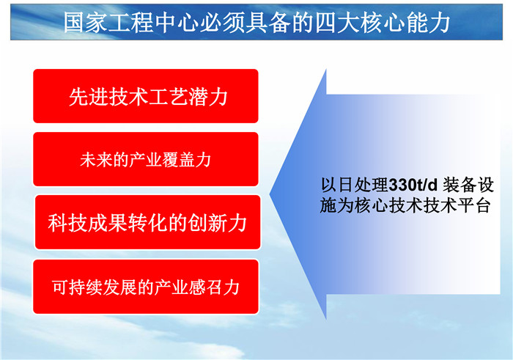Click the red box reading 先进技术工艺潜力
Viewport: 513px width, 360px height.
pyautogui.click(x=146, y=96)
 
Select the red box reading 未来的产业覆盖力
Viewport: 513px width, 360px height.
pyautogui.click(x=146, y=159)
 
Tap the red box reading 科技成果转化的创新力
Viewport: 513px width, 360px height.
pyautogui.click(x=147, y=222)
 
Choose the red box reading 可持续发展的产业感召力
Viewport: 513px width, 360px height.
pyautogui.click(x=146, y=287)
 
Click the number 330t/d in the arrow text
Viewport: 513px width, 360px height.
pyautogui.click(x=413, y=185)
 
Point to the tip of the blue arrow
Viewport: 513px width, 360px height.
pyautogui.click(x=270, y=194)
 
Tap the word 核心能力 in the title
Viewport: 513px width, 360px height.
pyautogui.click(x=405, y=23)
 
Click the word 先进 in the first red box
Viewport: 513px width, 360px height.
pyautogui.click(x=89, y=97)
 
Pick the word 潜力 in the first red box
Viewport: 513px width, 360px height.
pyautogui.click(x=207, y=97)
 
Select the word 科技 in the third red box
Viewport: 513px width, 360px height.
pyautogui.click(x=67, y=223)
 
